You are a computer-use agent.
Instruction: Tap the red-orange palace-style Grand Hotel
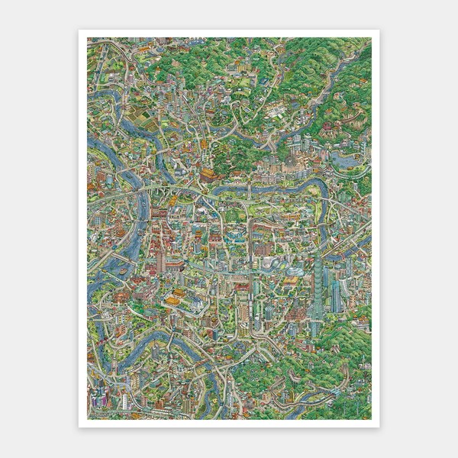point(208,174)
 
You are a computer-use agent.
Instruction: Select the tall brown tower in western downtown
point(161,260)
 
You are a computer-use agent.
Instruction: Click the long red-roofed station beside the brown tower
point(174,263)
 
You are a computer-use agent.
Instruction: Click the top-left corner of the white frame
point(79,31)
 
